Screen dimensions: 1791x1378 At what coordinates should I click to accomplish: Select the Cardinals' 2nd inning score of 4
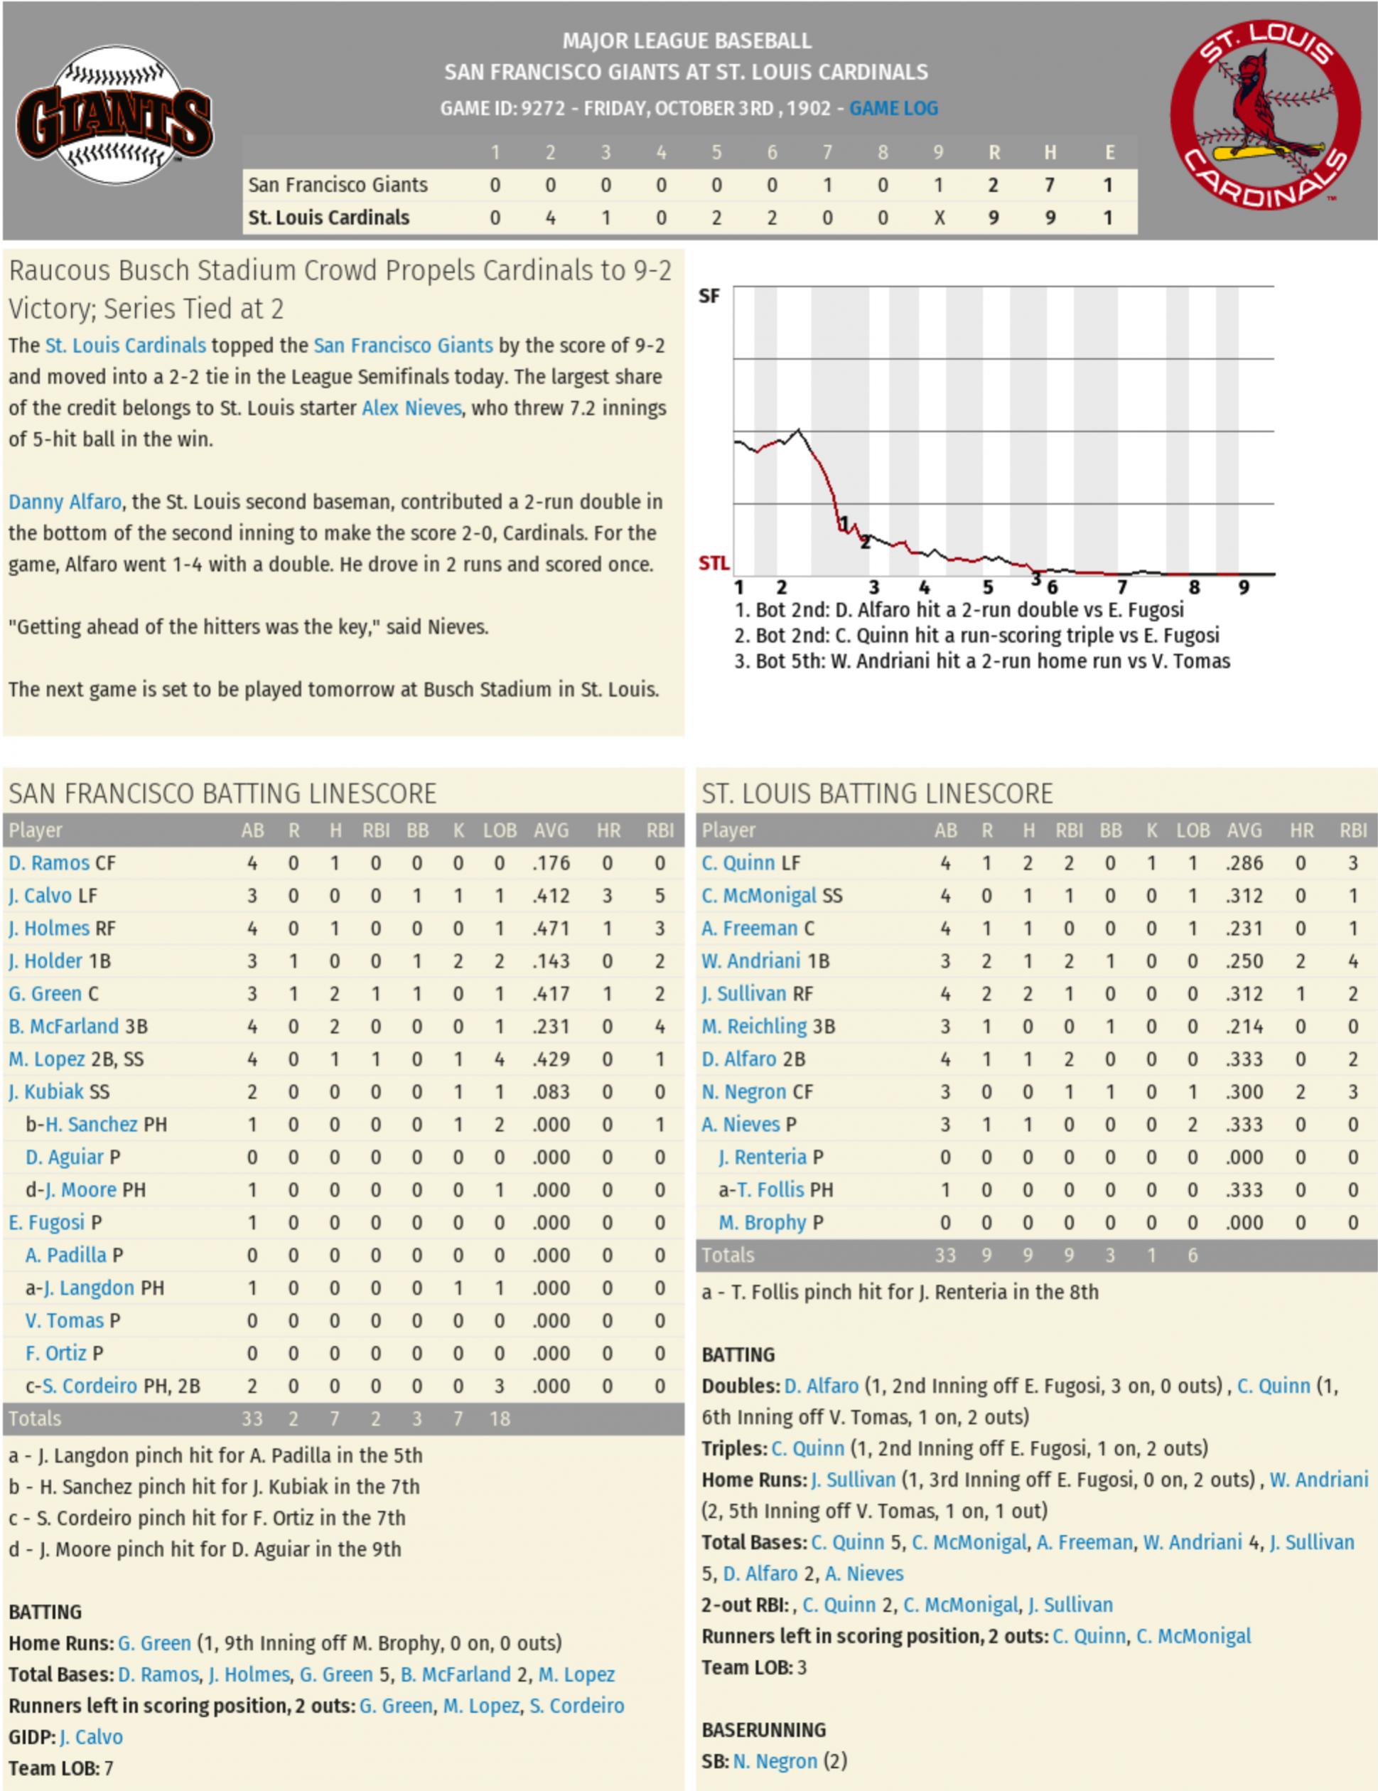pyautogui.click(x=550, y=218)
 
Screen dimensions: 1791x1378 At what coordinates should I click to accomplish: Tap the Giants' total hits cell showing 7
pyautogui.click(x=1049, y=186)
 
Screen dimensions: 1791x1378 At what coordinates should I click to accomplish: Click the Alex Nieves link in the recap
pyautogui.click(x=411, y=407)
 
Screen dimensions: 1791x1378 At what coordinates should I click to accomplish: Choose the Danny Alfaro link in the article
pyautogui.click(x=65, y=502)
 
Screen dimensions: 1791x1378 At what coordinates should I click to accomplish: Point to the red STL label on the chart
pyautogui.click(x=714, y=563)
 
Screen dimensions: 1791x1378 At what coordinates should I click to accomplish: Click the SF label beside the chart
pyautogui.click(x=709, y=296)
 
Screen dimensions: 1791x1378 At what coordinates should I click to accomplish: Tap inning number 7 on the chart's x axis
pyautogui.click(x=1121, y=587)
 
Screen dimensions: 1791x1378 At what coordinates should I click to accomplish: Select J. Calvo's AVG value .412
pyautogui.click(x=551, y=896)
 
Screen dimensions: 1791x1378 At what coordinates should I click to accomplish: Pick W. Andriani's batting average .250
pyautogui.click(x=1244, y=961)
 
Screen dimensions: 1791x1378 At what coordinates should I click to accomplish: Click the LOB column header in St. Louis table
pyautogui.click(x=1193, y=830)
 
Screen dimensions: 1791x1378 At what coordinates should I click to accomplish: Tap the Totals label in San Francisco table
pyautogui.click(x=36, y=1418)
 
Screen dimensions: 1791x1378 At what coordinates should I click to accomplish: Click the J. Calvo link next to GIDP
pyautogui.click(x=91, y=1737)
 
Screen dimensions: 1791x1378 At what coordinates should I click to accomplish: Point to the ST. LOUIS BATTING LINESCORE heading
pyautogui.click(x=876, y=793)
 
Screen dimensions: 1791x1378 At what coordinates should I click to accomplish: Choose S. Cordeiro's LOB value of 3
pyautogui.click(x=499, y=1386)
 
